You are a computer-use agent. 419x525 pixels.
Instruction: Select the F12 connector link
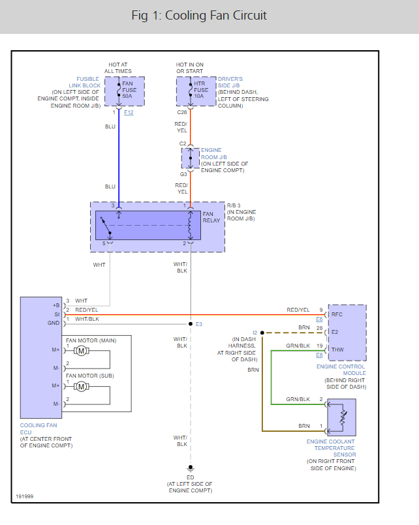(129, 113)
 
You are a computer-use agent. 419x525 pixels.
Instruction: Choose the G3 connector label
(183, 174)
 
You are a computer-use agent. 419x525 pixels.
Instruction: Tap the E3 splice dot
(190, 323)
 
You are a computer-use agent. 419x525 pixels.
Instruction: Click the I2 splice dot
(262, 333)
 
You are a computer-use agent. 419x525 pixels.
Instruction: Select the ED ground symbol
(190, 468)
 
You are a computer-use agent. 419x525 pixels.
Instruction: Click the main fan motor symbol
(81, 352)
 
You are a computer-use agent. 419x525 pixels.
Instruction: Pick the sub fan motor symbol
(81, 386)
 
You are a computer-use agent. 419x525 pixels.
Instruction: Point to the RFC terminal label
(337, 314)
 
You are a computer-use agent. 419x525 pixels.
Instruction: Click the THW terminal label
(337, 350)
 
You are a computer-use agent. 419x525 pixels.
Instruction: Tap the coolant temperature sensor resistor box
(342, 417)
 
